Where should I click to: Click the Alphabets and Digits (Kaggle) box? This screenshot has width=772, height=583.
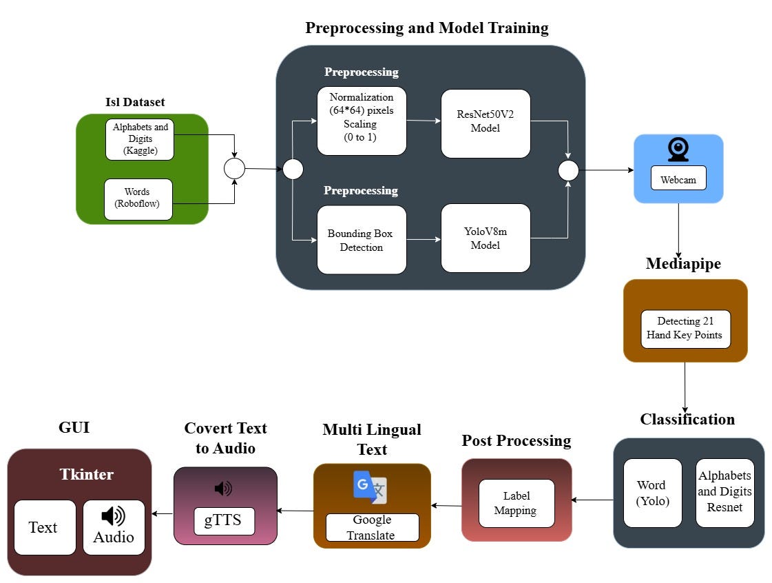point(140,139)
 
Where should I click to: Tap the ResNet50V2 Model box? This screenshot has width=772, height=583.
point(486,123)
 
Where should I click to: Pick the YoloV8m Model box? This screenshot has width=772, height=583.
point(486,238)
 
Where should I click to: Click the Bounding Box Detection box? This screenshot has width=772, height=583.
point(362,239)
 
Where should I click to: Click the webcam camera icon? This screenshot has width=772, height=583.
point(678,150)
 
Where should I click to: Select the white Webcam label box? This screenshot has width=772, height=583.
point(678,180)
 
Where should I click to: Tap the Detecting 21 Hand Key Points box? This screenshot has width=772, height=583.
point(685,329)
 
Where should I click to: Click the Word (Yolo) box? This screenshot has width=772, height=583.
point(652,493)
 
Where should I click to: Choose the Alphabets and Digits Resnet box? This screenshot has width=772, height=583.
point(724,493)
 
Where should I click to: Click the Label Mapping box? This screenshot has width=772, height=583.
point(517,503)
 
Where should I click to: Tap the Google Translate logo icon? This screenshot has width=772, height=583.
point(370,487)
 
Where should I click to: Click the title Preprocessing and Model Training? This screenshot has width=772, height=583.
point(426,28)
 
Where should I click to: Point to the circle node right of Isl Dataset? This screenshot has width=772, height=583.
point(235,168)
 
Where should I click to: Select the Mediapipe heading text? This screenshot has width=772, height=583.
point(683,264)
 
